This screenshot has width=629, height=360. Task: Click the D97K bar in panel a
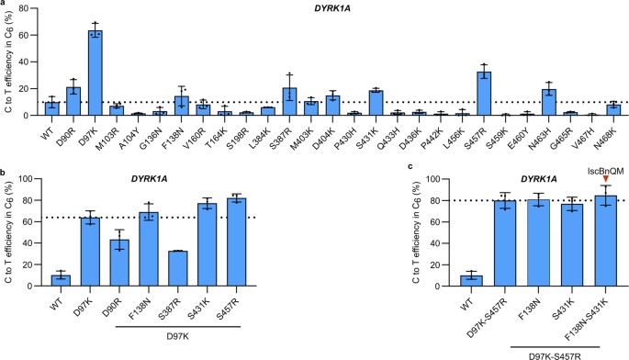[x=95, y=73]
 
